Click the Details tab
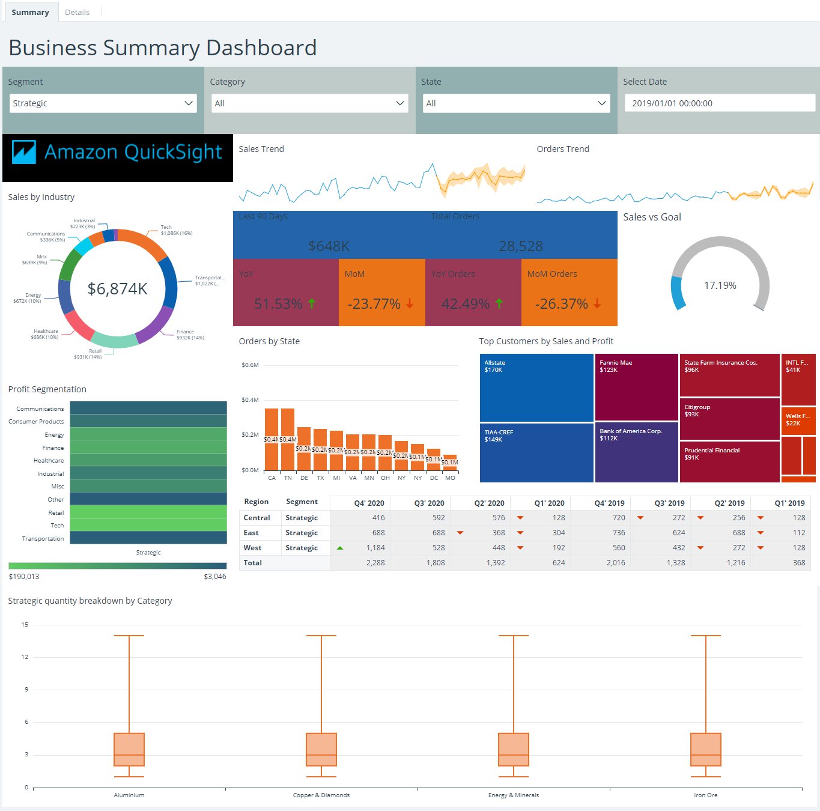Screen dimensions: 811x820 click(x=77, y=12)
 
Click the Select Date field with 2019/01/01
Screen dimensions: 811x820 click(x=719, y=103)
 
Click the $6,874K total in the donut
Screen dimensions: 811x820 click(x=118, y=289)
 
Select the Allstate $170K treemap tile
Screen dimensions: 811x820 click(x=536, y=387)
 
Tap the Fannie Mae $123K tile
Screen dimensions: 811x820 click(x=636, y=387)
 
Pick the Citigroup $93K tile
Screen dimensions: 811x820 click(x=729, y=419)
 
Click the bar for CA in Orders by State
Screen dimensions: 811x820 click(x=272, y=439)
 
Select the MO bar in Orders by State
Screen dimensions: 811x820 click(x=450, y=463)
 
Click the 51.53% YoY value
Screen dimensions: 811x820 click(x=278, y=304)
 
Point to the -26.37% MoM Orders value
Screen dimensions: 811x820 click(x=562, y=304)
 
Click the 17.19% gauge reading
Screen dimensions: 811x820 click(x=720, y=285)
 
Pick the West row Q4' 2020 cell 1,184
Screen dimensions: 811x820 click(x=375, y=548)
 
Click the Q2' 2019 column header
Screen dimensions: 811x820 click(x=729, y=503)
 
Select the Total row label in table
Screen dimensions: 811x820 click(x=253, y=563)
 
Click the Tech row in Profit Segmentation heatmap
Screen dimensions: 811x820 click(x=148, y=525)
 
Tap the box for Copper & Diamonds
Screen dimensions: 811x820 click(x=321, y=749)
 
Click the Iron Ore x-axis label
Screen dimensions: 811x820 click(x=705, y=795)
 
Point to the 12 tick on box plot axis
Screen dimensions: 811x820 click(x=25, y=657)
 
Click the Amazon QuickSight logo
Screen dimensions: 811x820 click(x=118, y=153)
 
